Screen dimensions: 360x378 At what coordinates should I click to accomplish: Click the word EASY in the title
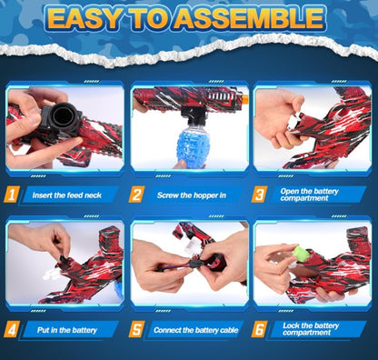coord(92,20)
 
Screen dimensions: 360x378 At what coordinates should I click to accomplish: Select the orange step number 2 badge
coord(137,194)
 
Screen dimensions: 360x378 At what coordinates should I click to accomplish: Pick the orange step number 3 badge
coord(261,194)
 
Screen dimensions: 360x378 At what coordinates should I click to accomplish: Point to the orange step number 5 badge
coord(137,328)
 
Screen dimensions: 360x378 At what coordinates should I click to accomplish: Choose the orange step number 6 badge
coord(261,328)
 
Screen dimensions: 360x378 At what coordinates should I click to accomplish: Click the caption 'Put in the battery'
coord(61,329)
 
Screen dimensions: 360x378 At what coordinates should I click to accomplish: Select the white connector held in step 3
coord(293,128)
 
